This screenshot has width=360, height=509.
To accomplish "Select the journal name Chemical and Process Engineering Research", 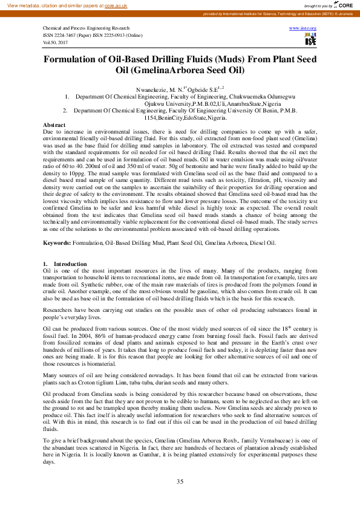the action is (x=86, y=28).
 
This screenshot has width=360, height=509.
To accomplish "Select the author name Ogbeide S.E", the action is (x=204, y=88).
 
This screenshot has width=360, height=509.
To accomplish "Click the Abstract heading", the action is (x=54, y=125).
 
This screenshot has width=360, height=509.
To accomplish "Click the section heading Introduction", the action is (x=70, y=264).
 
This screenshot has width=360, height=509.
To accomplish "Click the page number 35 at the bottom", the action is (x=180, y=481).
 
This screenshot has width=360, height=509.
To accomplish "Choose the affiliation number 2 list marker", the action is (x=65, y=111).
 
